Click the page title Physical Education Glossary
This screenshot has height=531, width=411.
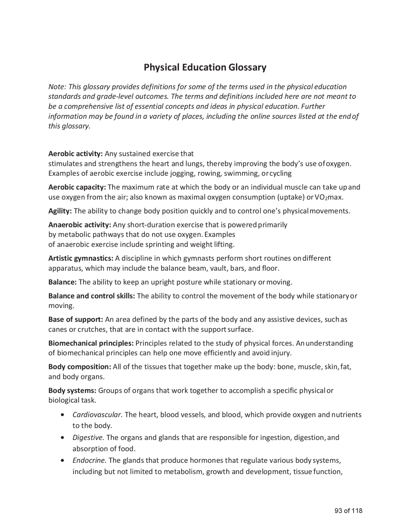[x=205, y=67]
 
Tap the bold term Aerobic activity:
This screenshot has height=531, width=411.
[x=75, y=154]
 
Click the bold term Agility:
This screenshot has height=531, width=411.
[x=60, y=211]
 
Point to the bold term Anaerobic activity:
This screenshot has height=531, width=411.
[x=80, y=225]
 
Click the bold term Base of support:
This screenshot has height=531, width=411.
[x=75, y=320]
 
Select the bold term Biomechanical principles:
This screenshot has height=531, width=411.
[x=91, y=343]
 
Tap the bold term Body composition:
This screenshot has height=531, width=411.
[x=80, y=367]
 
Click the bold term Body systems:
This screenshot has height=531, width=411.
[x=72, y=391]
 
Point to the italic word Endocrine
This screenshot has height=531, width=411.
[x=89, y=461]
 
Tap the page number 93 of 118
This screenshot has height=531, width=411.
[x=348, y=511]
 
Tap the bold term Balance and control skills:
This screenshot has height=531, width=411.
[x=92, y=296]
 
